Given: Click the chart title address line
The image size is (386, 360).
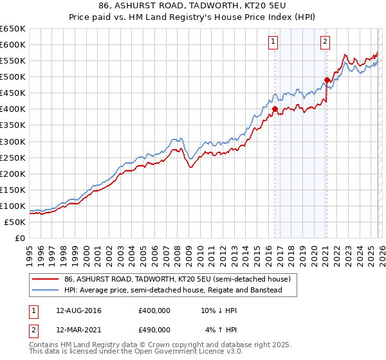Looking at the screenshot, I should (x=192, y=5).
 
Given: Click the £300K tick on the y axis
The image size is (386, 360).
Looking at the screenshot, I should (x=13, y=141).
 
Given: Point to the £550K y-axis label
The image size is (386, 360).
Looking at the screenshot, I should (x=13, y=61).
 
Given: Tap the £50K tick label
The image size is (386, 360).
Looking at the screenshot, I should (x=15, y=222).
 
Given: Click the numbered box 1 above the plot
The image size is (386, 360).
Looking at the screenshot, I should (x=273, y=42).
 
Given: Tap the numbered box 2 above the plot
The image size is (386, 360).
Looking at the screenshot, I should (x=326, y=42).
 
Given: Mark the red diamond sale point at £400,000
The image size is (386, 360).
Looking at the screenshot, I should (x=275, y=109).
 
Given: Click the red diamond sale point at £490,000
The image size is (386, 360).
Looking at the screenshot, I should (x=327, y=80).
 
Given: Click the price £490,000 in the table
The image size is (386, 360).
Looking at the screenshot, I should (x=154, y=329).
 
